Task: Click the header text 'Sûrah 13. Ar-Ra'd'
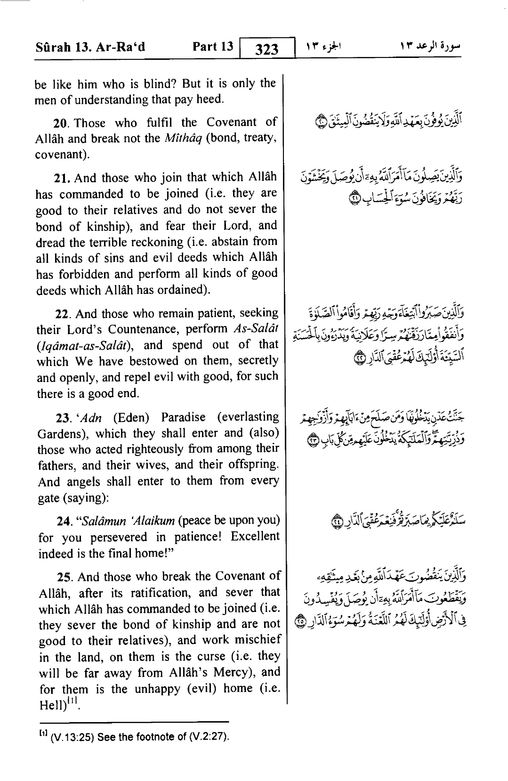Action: click(90, 47)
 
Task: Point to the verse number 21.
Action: click(63, 178)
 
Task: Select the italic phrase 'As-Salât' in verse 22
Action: click(256, 329)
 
